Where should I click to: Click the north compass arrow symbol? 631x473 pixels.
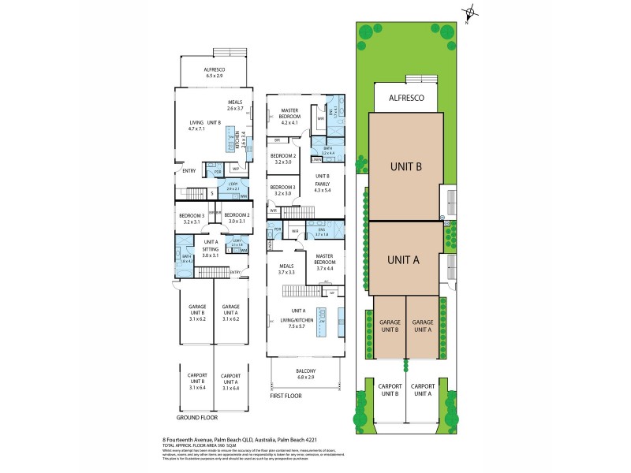[470, 12]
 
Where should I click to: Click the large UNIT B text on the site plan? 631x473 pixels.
[406, 166]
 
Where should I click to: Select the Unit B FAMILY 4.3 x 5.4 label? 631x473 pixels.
[324, 182]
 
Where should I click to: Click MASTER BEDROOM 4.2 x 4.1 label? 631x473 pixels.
[283, 117]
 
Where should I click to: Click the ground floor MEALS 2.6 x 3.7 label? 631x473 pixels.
[234, 105]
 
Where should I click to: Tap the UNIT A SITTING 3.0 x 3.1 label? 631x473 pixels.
[210, 248]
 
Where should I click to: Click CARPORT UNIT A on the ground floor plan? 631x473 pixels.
[230, 382]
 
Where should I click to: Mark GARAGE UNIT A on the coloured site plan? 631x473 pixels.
[424, 326]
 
